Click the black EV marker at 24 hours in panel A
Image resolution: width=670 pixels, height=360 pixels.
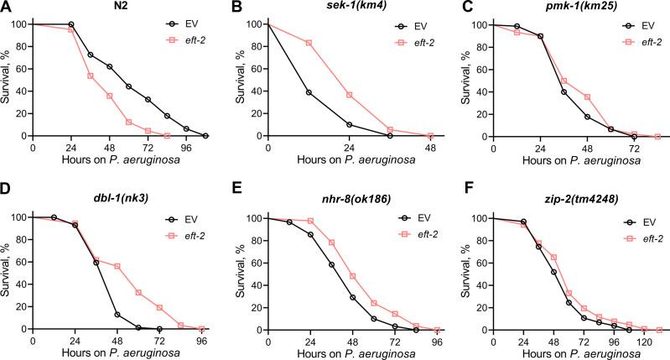(x=70, y=24)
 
